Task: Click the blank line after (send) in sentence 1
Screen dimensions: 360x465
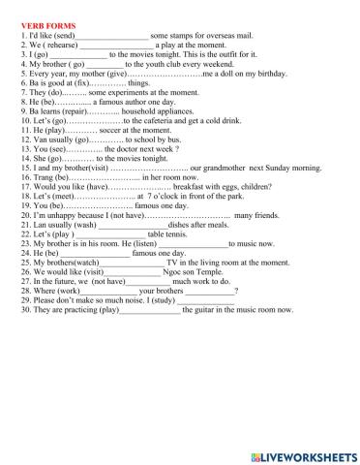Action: (119, 34)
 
